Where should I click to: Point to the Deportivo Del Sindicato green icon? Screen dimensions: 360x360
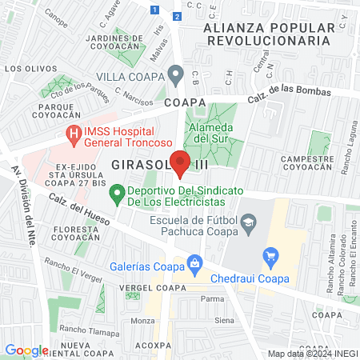117,192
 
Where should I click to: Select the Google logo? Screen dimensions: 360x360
26,350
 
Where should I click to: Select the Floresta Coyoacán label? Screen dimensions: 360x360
76,233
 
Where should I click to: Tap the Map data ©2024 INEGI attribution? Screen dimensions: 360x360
312,353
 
